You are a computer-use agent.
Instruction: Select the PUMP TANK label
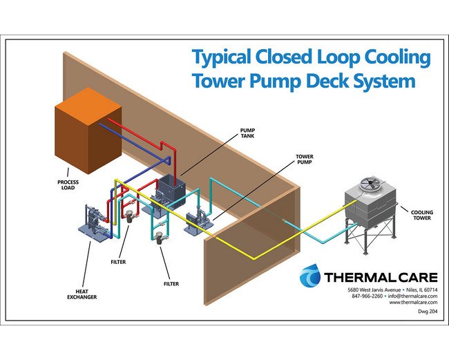point(247,131)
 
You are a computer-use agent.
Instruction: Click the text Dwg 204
point(428,312)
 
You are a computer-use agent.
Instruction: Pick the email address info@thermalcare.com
point(412,296)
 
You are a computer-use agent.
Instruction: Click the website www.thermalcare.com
point(414,302)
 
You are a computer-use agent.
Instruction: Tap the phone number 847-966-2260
point(367,296)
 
